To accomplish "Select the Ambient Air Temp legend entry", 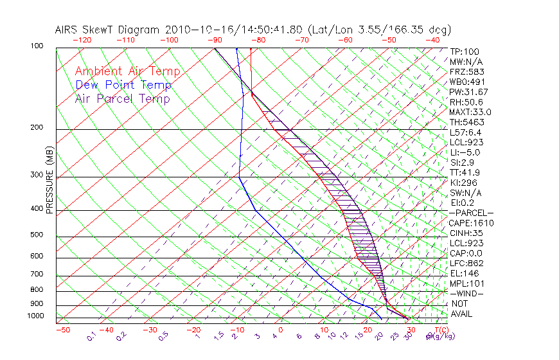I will coord(127,71).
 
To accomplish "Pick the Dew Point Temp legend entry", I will coord(123,85).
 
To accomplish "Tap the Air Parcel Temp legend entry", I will coord(122,98).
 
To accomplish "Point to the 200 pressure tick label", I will coord(36,128).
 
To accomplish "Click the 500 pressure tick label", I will coord(36,235).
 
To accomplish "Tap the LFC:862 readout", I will coord(466,264).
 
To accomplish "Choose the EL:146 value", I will coord(465,273).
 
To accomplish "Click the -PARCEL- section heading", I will coord(471,213).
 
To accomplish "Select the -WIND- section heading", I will coord(466,294).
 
